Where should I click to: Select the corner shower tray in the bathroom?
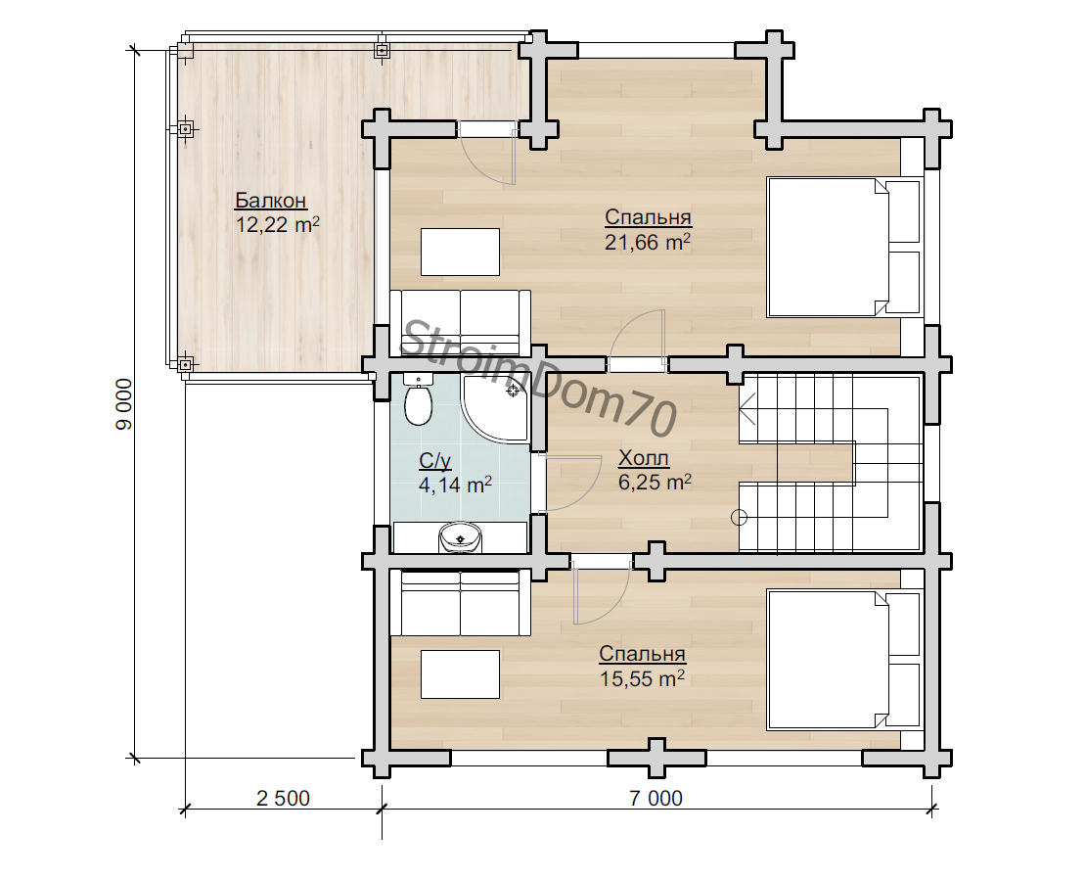click(x=495, y=408)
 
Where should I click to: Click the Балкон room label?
click(x=271, y=200)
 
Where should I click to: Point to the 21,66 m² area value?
click(x=648, y=242)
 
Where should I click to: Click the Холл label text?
click(x=643, y=458)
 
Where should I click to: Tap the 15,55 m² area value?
click(x=642, y=677)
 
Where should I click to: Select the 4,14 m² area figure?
click(x=455, y=484)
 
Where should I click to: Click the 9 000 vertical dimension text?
click(x=124, y=404)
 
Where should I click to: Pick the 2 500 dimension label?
click(x=283, y=799)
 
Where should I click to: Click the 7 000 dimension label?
click(x=656, y=799)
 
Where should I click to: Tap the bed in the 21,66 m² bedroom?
click(x=844, y=248)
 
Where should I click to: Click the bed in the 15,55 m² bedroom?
click(x=844, y=659)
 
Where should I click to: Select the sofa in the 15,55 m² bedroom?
click(x=460, y=602)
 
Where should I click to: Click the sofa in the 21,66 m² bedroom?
click(x=460, y=323)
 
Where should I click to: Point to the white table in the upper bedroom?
click(x=460, y=252)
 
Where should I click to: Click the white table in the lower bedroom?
click(x=460, y=673)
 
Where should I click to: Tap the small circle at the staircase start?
click(x=739, y=517)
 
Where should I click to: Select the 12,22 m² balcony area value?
click(x=278, y=224)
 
